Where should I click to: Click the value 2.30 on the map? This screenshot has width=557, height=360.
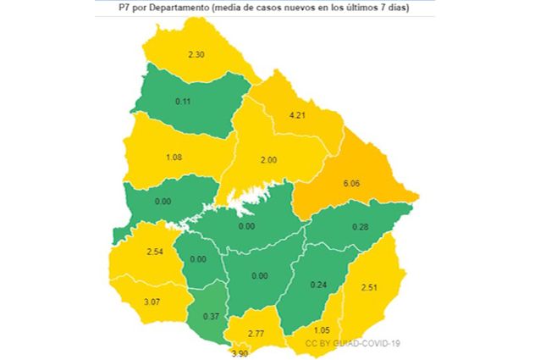click(196, 54)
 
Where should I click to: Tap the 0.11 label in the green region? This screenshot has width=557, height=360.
click(182, 101)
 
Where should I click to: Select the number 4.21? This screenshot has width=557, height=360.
click(298, 115)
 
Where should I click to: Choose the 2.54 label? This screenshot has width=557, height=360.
click(155, 252)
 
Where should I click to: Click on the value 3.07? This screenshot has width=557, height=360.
click(152, 302)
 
